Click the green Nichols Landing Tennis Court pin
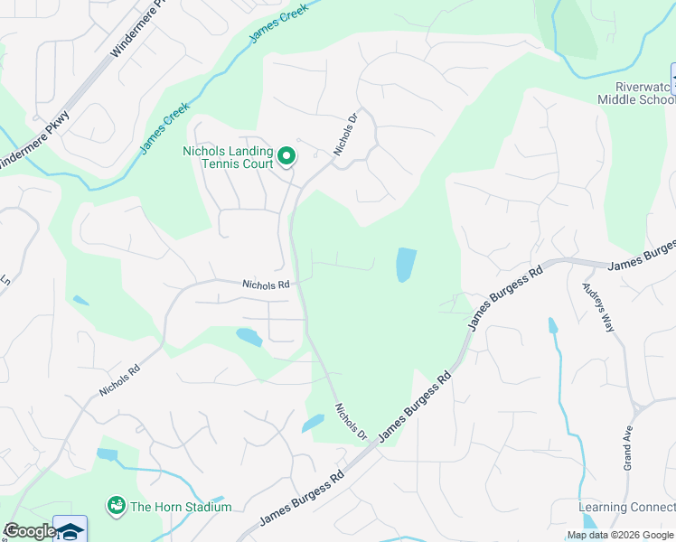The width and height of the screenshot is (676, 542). tap(286, 157)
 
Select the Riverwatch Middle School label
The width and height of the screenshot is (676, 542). tap(636, 91)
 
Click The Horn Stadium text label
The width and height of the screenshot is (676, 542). tap(181, 507)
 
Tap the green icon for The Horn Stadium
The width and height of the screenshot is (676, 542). tap(116, 505)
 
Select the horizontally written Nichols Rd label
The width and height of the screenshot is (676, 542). tap(265, 285)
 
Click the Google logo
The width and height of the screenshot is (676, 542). tap(30, 531)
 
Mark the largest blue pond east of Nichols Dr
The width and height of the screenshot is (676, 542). tap(406, 265)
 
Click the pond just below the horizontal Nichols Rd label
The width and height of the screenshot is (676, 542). tap(249, 338)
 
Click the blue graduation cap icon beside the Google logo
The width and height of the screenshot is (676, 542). tap(70, 529)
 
